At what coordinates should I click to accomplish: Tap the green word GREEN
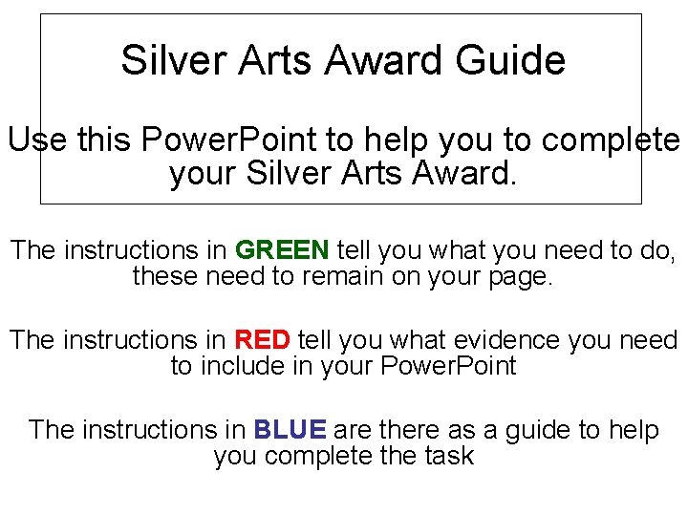pos(282,251)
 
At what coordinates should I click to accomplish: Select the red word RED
pos(262,340)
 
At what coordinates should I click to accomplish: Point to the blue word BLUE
pos(290,430)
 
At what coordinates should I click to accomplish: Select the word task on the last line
pos(447,456)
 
